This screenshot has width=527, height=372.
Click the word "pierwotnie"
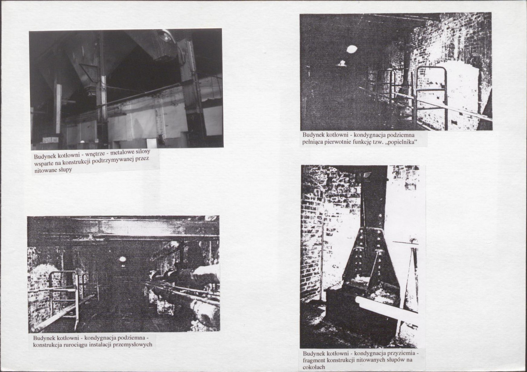point(336,142)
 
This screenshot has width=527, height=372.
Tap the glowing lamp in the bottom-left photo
point(122,259)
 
